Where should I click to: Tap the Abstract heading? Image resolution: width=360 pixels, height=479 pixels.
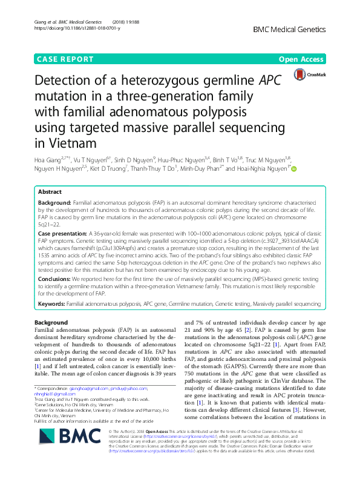50,191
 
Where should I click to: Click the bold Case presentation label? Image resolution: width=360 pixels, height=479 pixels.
65,233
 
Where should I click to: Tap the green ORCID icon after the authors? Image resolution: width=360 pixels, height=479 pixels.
295,170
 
